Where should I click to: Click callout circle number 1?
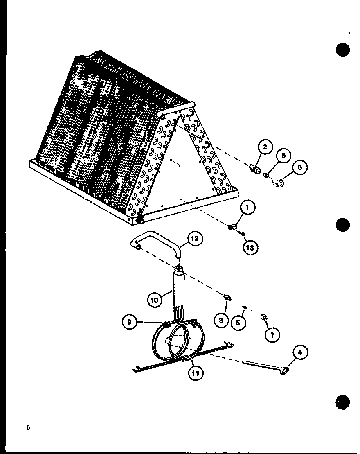pyautogui.click(x=248, y=207)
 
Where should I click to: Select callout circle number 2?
pyautogui.click(x=265, y=147)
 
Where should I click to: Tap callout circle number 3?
pyautogui.click(x=222, y=320)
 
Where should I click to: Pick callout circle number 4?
pyautogui.click(x=300, y=352)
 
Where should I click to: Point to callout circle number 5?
pyautogui.click(x=238, y=322)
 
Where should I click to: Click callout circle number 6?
pyautogui.click(x=283, y=156)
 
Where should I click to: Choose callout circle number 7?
pyautogui.click(x=272, y=335)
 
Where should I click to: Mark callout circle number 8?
pyautogui.click(x=300, y=167)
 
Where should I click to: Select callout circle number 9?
pyautogui.click(x=130, y=322)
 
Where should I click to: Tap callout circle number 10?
pyautogui.click(x=155, y=300)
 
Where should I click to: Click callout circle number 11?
pyautogui.click(x=196, y=373)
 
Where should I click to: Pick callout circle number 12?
pyautogui.click(x=195, y=239)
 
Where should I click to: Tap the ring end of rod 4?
pyautogui.click(x=284, y=371)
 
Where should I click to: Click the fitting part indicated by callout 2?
pyautogui.click(x=255, y=168)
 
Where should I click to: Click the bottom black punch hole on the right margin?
pyautogui.click(x=343, y=402)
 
